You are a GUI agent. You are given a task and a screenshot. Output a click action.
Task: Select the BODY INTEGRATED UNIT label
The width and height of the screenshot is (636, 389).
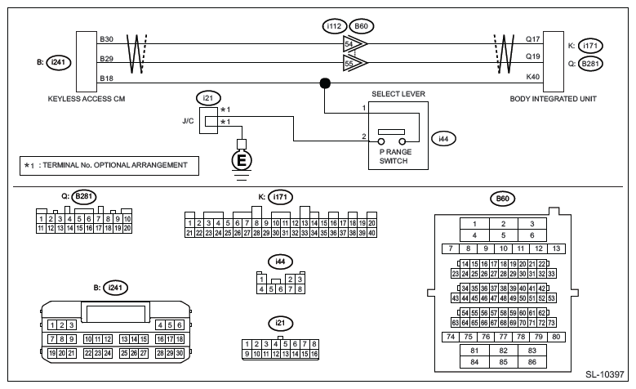coord(551,99)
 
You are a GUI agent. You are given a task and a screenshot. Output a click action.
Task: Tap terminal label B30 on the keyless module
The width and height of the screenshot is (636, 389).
coord(107,38)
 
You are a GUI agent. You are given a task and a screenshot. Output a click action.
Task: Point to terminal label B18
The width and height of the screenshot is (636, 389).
coord(107,77)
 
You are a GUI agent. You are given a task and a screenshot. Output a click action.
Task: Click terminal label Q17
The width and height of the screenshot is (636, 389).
coord(533,38)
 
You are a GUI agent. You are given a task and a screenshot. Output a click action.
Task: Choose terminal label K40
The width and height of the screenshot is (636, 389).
coord(533,77)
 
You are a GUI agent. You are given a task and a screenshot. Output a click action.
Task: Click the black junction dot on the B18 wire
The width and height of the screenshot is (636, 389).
coord(325,83)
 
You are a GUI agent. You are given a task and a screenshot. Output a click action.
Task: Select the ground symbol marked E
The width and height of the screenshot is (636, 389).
coord(241,160)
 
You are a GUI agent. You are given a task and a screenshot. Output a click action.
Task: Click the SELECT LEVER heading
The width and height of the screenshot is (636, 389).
coord(398,95)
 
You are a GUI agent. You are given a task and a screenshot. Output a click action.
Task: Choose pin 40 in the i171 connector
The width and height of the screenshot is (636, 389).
coord(371,233)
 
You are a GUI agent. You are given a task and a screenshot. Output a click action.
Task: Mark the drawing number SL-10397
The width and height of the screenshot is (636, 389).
coord(603,375)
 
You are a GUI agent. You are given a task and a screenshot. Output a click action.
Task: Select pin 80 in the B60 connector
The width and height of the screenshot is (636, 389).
coord(556,336)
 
